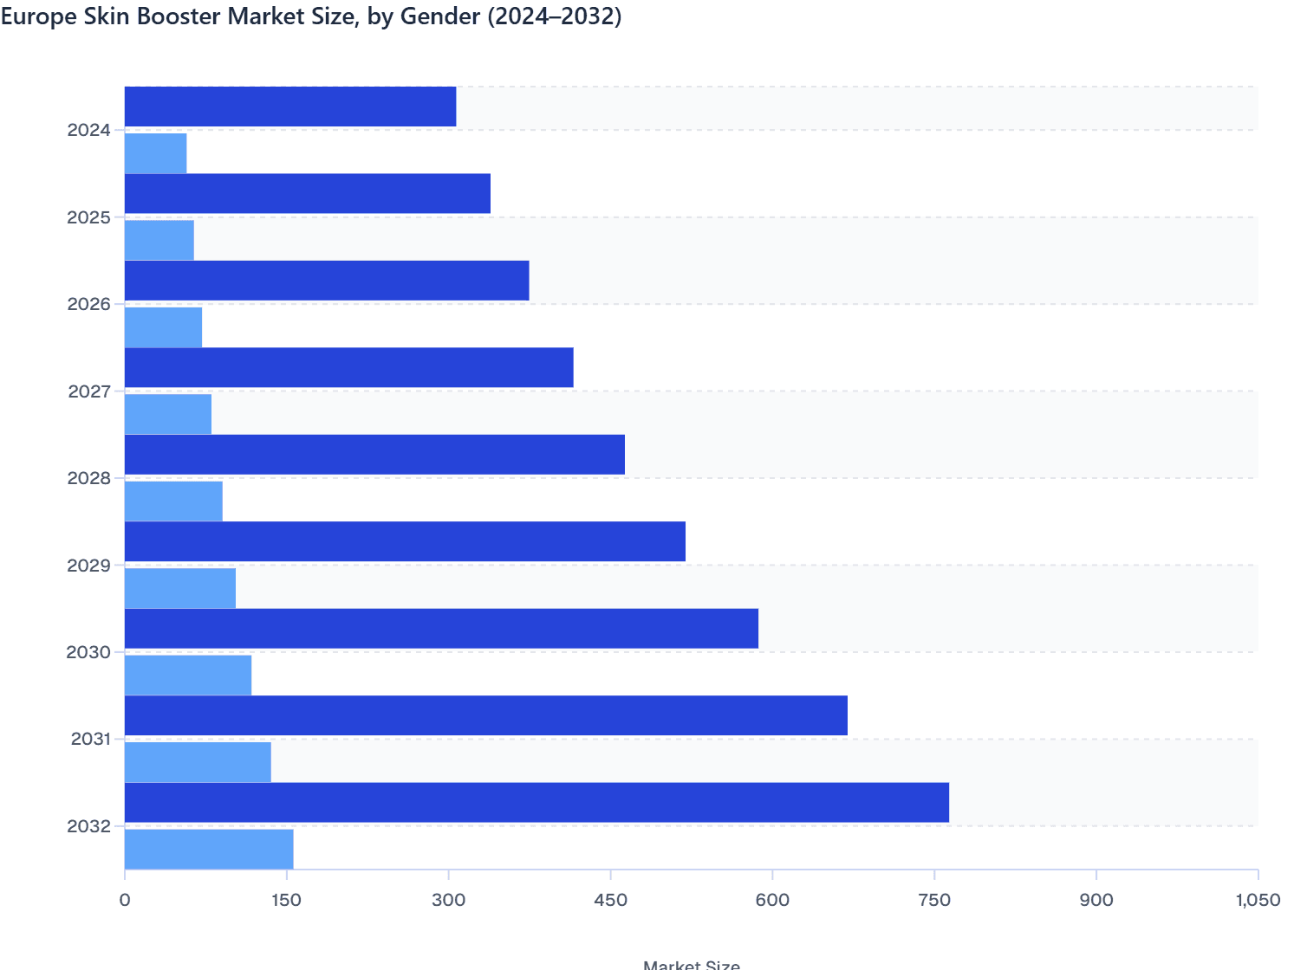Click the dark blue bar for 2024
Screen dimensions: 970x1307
pyautogui.click(x=290, y=107)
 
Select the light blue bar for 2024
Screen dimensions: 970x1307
pyautogui.click(x=155, y=153)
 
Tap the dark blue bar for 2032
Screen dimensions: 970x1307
pyautogui.click(x=536, y=802)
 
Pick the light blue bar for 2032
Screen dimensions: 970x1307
pyautogui.click(x=209, y=849)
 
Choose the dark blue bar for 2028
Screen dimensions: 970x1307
pyautogui.click(x=374, y=455)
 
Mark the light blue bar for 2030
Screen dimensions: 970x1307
pyautogui.click(x=188, y=676)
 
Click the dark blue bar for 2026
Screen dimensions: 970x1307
pyautogui.click(x=327, y=281)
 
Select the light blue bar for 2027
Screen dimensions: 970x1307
pyautogui.click(x=168, y=414)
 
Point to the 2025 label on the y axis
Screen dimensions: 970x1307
pyautogui.click(x=89, y=217)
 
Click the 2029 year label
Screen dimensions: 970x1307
pyautogui.click(x=89, y=566)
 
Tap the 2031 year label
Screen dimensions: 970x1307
pyautogui.click(x=90, y=739)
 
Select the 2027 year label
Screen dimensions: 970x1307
pyautogui.click(x=89, y=391)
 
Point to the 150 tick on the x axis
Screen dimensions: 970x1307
pyautogui.click(x=286, y=901)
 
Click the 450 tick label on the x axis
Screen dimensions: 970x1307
pyautogui.click(x=610, y=901)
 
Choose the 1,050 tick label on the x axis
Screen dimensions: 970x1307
pyautogui.click(x=1257, y=901)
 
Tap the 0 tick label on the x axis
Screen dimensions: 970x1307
pyautogui.click(x=125, y=901)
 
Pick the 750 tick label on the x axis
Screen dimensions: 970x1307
pyautogui.click(x=934, y=901)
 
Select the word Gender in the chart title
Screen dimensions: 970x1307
pyautogui.click(x=439, y=16)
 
